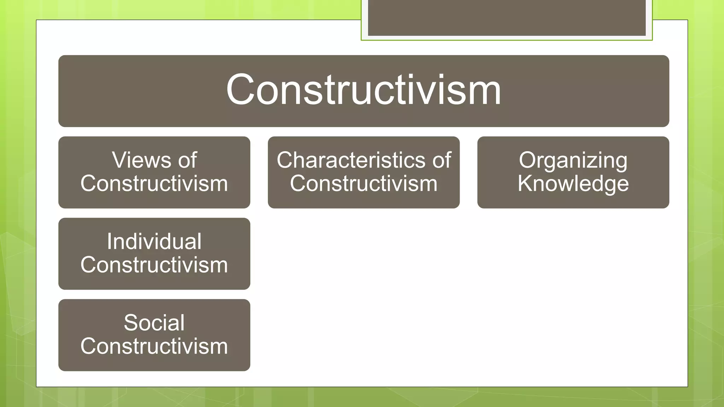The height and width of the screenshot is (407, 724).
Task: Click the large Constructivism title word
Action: pos(363,90)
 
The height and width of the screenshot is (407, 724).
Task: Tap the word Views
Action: pos(141,160)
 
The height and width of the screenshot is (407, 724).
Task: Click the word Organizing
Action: pos(573,161)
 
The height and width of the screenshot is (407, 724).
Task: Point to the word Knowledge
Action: pos(573,184)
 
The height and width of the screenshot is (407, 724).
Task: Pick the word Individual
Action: pos(154,242)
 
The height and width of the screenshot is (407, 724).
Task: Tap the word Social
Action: pos(154,323)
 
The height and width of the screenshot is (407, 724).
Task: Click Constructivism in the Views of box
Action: pos(154,184)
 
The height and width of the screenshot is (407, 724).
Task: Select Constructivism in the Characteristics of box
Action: pos(363,184)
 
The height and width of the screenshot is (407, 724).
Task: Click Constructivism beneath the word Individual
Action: pos(154,265)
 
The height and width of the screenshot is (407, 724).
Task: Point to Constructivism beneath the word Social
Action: pos(154,346)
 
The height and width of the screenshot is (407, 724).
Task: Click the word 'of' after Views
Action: pos(187,160)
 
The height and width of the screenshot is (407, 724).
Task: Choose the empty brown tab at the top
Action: pos(507,18)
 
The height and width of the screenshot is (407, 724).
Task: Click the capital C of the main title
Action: pos(240,90)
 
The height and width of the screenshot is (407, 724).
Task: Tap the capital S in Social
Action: pos(131,323)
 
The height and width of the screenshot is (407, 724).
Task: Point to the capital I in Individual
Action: pos(110,242)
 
